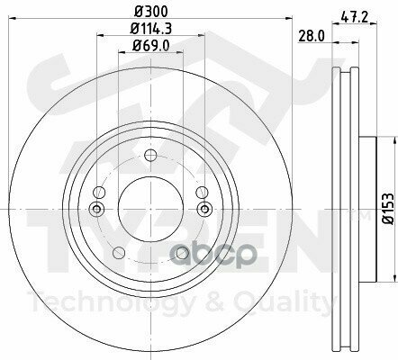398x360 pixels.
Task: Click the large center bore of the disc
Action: pos(150,209)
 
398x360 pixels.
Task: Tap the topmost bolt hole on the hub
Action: pos(150,154)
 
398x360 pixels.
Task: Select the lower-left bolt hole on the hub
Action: pos(118,254)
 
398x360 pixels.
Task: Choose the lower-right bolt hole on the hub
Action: pos(183,254)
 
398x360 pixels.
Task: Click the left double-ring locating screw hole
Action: pos(97,209)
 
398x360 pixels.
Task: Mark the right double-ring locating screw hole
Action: pos(204,209)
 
